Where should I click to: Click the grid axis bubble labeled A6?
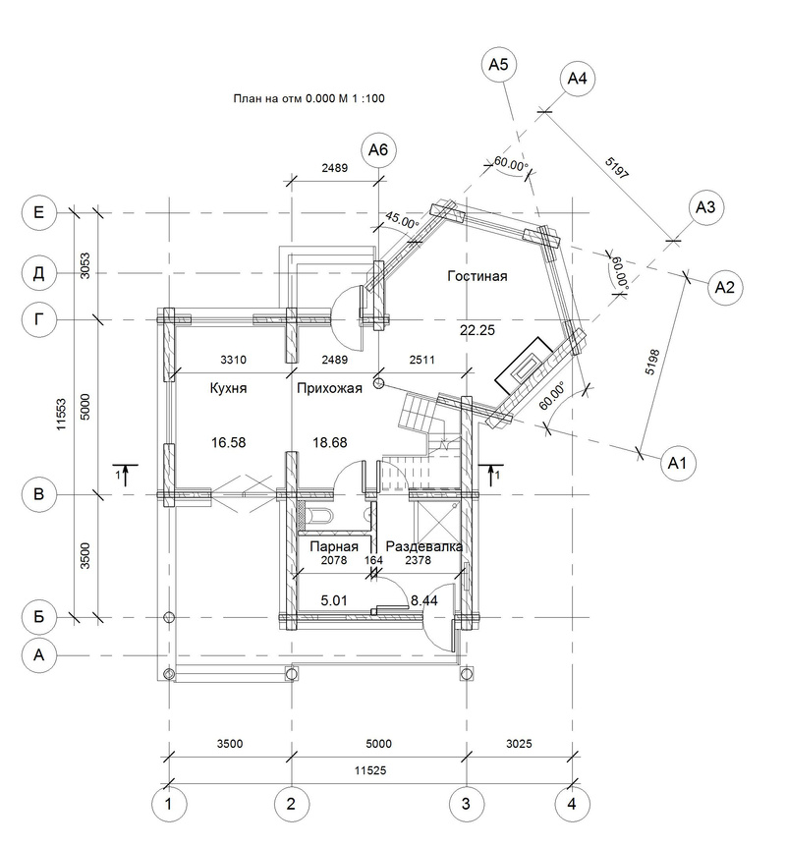pyautogui.click(x=378, y=149)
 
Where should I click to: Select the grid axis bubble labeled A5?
pyautogui.click(x=498, y=65)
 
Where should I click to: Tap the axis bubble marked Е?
pyautogui.click(x=39, y=212)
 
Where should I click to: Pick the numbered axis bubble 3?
pyautogui.click(x=467, y=804)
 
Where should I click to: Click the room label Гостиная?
pyautogui.click(x=477, y=276)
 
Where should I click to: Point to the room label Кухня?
pyautogui.click(x=229, y=388)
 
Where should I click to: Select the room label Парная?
pyautogui.click(x=334, y=546)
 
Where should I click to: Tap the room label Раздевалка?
pyautogui.click(x=424, y=546)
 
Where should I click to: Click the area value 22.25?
pyautogui.click(x=477, y=330)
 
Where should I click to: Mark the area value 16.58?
pyautogui.click(x=229, y=443)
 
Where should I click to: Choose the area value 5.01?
pyautogui.click(x=334, y=600)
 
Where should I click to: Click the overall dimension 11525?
pyautogui.click(x=370, y=770)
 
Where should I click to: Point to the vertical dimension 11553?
pyautogui.click(x=61, y=415)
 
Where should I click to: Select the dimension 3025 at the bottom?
pyautogui.click(x=519, y=744)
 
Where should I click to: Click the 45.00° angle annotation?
pyautogui.click(x=402, y=220)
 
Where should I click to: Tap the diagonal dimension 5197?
pyautogui.click(x=617, y=168)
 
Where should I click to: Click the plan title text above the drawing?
pyautogui.click(x=309, y=99)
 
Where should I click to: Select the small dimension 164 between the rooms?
pyautogui.click(x=373, y=560)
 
